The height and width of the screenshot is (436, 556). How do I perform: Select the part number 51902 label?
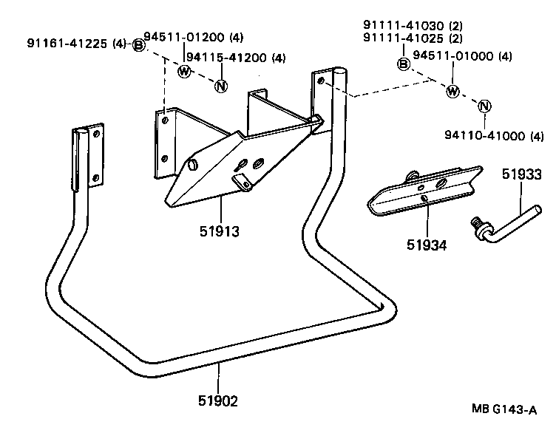[218, 401]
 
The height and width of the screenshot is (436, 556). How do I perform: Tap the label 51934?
[426, 245]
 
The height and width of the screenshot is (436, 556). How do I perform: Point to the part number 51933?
[522, 175]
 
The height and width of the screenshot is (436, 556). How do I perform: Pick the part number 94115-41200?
[225, 58]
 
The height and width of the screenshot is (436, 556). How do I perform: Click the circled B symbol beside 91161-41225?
[138, 46]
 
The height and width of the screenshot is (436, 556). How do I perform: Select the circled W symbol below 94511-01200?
[184, 71]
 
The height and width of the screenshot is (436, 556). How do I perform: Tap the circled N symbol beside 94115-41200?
[220, 86]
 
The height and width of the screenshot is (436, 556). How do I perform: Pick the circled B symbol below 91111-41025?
[403, 64]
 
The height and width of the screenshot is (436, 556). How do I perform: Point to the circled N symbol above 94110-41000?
[484, 106]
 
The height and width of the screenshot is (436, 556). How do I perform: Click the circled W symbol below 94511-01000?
[452, 91]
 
